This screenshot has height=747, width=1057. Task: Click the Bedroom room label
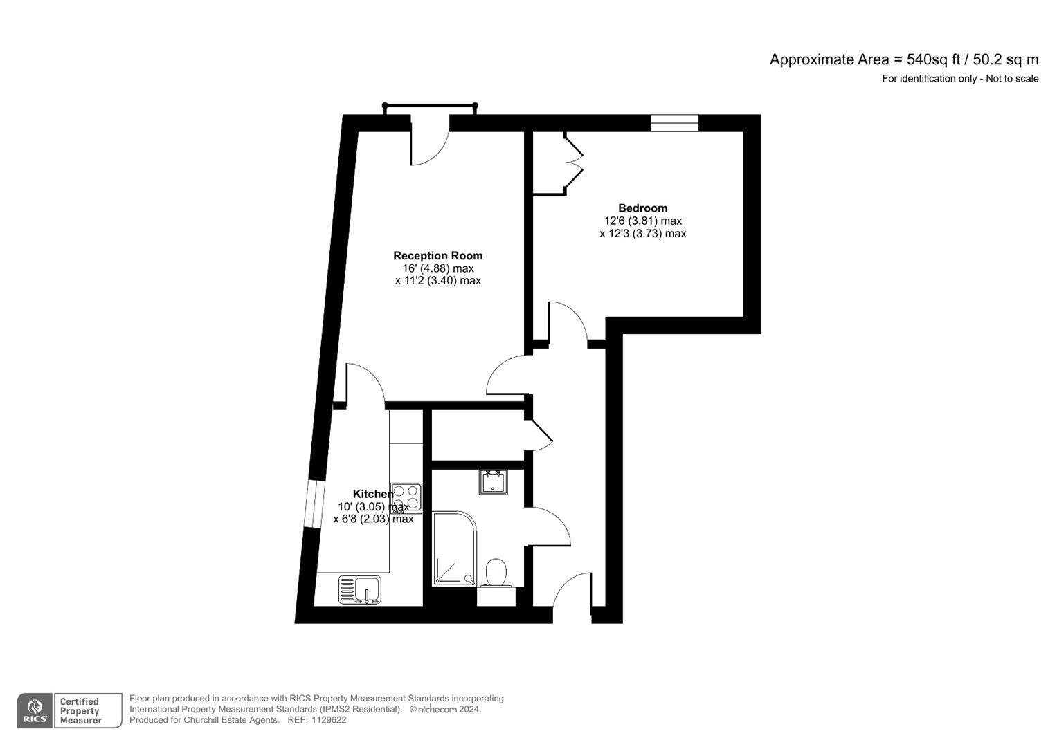642,208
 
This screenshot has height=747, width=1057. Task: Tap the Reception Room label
437,256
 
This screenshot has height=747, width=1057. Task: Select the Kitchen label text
372,494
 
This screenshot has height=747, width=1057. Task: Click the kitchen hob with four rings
406,497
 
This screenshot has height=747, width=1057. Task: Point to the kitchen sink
360,589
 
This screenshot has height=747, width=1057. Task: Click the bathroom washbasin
493,482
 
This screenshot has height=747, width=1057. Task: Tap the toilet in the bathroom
496,573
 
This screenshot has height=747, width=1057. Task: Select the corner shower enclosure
454,549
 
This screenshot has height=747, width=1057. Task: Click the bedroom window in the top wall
674,123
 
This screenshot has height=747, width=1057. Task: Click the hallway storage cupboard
478,435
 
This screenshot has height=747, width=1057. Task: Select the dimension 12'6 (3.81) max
642,221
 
